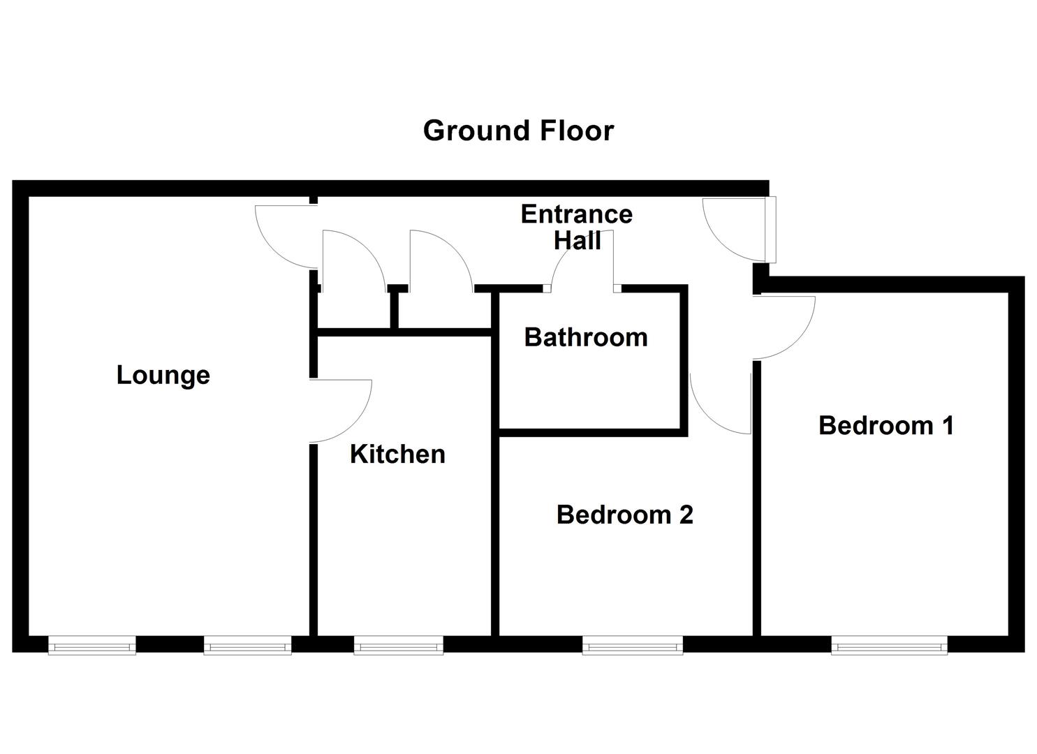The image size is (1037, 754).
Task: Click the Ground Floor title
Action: point(518,131)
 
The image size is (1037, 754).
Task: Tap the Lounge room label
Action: point(163,375)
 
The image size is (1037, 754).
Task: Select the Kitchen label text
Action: point(397,454)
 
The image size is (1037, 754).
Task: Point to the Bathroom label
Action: point(586,337)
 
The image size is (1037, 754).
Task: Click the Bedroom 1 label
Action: point(886,425)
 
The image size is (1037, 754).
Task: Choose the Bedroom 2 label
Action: point(624,515)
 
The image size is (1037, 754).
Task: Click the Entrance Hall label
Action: point(577,227)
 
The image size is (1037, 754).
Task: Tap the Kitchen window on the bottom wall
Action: point(398,646)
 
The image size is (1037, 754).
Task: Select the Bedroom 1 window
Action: point(889,646)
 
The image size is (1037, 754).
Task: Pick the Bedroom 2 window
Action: point(633,646)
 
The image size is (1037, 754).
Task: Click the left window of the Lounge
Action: point(92,646)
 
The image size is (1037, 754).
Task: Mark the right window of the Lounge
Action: point(247,646)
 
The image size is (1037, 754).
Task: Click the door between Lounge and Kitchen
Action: point(339,411)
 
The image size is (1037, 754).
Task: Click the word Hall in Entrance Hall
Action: point(577,241)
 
